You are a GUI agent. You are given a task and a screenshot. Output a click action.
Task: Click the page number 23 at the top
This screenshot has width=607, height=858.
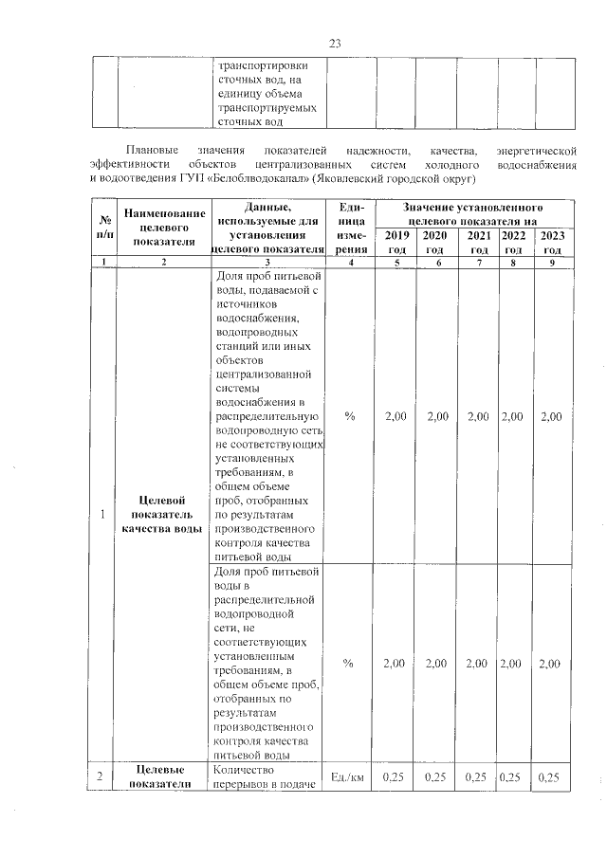tap(334, 43)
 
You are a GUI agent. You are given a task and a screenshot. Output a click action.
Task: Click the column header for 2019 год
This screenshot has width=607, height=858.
tap(393, 242)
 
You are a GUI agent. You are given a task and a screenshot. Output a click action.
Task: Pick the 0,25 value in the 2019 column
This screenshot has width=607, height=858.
tap(393, 778)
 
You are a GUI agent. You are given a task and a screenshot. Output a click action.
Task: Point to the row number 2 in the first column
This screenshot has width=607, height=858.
tap(102, 778)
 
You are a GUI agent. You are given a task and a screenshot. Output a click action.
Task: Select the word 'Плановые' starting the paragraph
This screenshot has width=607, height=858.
tap(152, 151)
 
